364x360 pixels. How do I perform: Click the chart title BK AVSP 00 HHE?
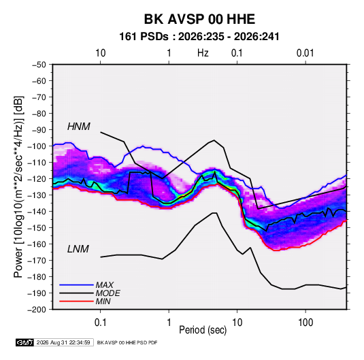pos(199,19)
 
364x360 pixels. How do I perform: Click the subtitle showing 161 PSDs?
pos(199,37)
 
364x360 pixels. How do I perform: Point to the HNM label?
pos(79,127)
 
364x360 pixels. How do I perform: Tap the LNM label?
pos(78,249)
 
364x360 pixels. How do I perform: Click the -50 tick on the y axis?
pos(39,65)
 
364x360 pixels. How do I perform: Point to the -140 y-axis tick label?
pos(37,212)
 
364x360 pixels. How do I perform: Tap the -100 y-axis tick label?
pos(37,146)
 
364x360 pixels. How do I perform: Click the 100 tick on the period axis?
pos(305,323)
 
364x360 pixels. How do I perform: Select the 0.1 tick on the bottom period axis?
pos(101,323)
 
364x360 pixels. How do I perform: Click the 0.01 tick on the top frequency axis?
pos(305,53)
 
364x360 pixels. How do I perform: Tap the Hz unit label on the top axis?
pos(203,53)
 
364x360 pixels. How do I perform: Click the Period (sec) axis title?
pos(203,330)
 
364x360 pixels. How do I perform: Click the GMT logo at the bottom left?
pos(24,342)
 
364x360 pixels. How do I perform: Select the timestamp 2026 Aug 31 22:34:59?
pos(63,342)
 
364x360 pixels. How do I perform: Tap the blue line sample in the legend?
pos(76,285)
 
